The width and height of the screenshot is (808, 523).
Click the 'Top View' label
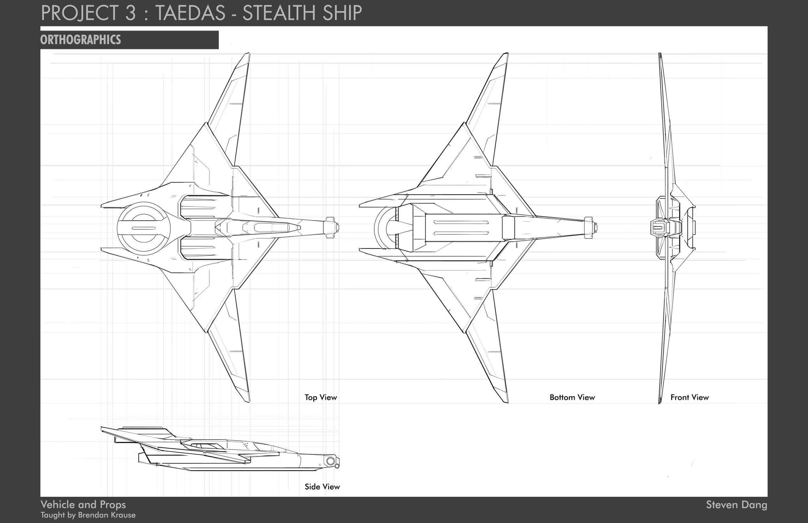[321, 397]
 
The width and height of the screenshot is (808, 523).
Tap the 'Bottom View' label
[572, 397]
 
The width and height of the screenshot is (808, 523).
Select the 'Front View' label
[689, 397]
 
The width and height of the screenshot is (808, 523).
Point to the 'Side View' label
[322, 487]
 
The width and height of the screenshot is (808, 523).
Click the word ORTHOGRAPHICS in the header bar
[80, 40]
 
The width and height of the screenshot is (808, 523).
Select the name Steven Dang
[736, 505]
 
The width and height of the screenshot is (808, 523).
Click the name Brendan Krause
[107, 515]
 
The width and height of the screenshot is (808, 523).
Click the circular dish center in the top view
[143, 228]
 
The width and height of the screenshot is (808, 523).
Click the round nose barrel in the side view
[331, 461]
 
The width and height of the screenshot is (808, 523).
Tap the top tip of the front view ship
[660, 54]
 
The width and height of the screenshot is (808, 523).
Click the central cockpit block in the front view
[659, 228]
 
